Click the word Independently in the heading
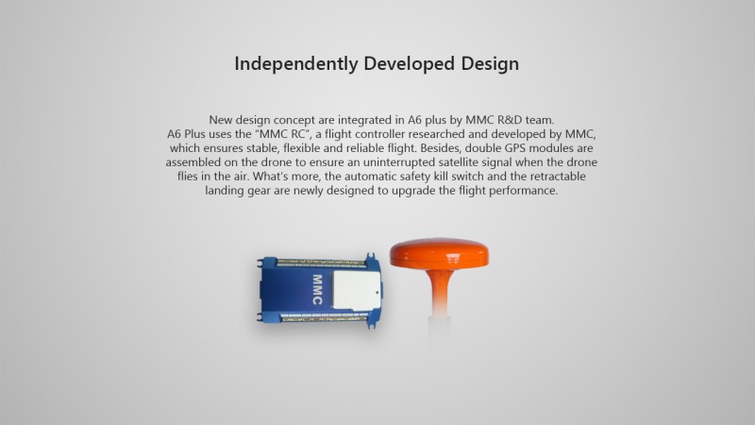pyautogui.click(x=296, y=63)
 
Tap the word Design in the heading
pyautogui.click(x=490, y=64)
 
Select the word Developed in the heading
pyautogui.click(x=410, y=63)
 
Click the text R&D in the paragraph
pyautogui.click(x=510, y=120)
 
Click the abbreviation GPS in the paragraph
pyautogui.click(x=515, y=148)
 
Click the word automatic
pyautogui.click(x=370, y=176)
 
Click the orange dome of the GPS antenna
pyautogui.click(x=439, y=253)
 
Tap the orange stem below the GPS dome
pyautogui.click(x=439, y=289)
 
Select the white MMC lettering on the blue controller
pyautogui.click(x=317, y=289)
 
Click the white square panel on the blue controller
pyautogui.click(x=357, y=290)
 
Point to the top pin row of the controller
pyautogui.click(x=321, y=263)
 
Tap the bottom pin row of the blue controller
pyautogui.click(x=324, y=318)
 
